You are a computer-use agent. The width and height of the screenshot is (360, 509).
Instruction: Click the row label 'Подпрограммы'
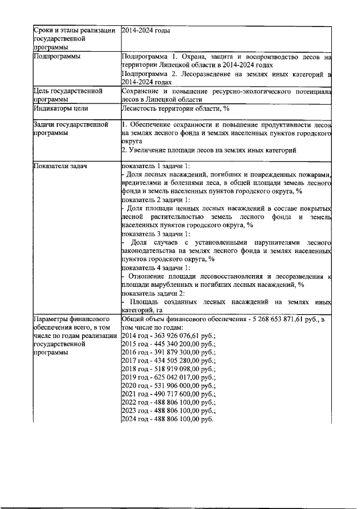(x=56, y=57)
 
